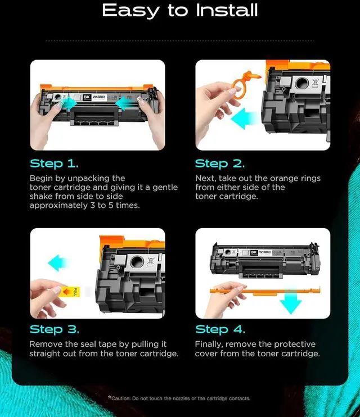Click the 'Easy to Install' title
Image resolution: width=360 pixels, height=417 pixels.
coord(180,11)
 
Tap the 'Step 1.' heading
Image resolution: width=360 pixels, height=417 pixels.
coord(55,164)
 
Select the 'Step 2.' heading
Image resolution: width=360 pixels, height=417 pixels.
coord(220,164)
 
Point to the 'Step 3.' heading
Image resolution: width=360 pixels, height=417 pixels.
coord(55,329)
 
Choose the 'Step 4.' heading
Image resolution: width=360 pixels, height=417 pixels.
coord(220,329)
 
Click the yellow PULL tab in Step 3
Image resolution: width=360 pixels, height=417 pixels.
coord(70,292)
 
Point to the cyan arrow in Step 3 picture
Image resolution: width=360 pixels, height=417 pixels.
coord(58,263)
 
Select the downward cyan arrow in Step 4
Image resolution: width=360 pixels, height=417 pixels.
coord(291,301)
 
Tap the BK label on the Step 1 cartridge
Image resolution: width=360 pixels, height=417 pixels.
coord(87,97)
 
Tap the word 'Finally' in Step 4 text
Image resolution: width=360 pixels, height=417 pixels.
coord(209,345)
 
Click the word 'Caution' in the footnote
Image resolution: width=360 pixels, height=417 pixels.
coord(121,398)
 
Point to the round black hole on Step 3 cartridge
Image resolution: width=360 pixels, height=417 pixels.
coord(137,261)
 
